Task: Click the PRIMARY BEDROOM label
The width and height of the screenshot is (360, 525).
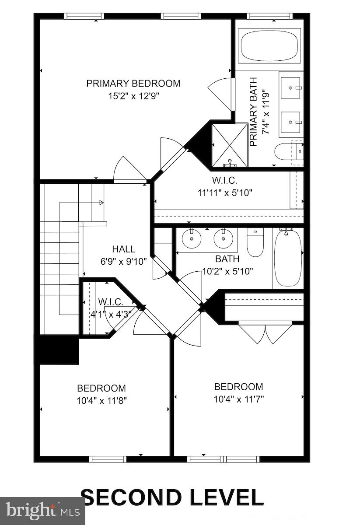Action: (133, 83)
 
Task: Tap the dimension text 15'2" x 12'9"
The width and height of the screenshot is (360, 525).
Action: (133, 96)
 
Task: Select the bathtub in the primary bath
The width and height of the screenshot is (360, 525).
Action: (269, 45)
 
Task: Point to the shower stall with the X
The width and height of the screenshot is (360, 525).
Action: (229, 145)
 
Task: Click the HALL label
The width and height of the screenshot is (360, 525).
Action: (124, 249)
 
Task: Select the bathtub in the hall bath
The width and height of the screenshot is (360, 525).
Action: (288, 258)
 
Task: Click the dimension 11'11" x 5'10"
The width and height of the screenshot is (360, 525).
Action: (225, 192)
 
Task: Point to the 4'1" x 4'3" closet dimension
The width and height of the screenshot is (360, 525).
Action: (108, 314)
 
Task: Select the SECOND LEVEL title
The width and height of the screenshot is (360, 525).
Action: (172, 497)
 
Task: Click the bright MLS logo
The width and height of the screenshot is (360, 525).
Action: (42, 510)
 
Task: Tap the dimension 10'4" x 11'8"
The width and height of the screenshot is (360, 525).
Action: (102, 400)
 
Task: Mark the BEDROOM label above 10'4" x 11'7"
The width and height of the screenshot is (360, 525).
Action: (238, 387)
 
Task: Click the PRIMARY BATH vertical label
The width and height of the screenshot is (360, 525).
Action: (253, 112)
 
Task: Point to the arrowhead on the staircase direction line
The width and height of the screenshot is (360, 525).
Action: (101, 203)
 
